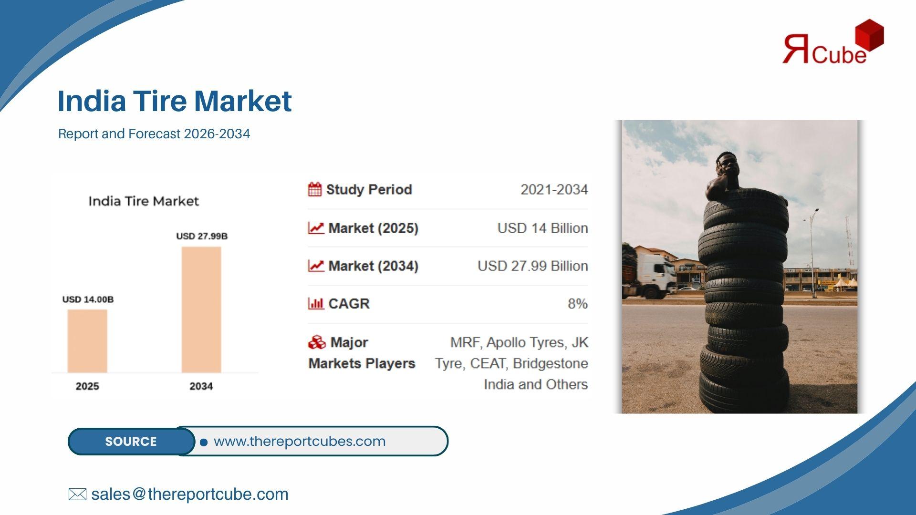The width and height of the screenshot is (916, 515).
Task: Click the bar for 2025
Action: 87,341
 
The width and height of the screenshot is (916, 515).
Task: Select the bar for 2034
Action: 201,309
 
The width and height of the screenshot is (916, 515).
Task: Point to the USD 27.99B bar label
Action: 202,236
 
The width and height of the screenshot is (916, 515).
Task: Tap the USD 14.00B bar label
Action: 88,299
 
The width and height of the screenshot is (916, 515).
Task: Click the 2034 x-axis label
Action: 201,386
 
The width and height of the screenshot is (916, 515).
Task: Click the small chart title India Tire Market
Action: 144,201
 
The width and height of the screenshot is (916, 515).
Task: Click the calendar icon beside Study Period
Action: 315,189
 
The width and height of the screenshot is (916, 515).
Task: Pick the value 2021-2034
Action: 554,190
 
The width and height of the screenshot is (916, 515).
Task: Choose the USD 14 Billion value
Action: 542,228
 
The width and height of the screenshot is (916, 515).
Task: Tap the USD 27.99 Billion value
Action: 532,266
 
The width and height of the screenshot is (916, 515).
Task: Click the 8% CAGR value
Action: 578,304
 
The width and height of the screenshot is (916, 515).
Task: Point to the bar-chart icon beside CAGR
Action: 316,303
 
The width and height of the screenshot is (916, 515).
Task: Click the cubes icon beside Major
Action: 317,342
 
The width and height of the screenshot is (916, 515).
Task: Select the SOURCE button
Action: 131,442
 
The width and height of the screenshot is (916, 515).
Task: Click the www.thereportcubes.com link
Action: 300,441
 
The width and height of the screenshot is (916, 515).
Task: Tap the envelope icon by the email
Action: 77,494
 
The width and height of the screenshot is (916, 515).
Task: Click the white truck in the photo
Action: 651,275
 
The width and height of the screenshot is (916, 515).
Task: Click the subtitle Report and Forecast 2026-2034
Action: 154,134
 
